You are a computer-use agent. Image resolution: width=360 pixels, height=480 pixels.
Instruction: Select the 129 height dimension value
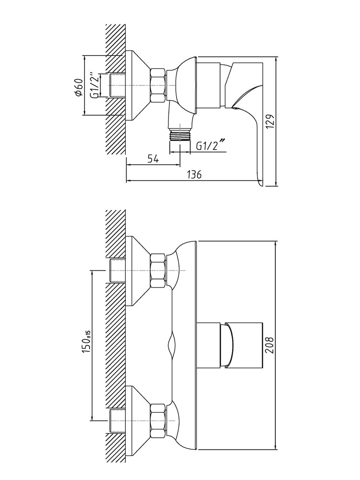point(270,121)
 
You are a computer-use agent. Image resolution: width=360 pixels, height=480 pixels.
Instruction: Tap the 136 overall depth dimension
point(194,175)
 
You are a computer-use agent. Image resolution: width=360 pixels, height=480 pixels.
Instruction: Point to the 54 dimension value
point(153,159)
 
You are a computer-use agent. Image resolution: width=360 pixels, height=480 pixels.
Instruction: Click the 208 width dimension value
point(270,345)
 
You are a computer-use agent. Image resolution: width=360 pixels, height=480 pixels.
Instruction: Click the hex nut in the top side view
point(158,85)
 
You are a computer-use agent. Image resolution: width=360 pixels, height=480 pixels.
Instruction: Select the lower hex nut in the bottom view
point(158,420)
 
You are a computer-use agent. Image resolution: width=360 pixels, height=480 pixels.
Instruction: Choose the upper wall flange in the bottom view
point(138,271)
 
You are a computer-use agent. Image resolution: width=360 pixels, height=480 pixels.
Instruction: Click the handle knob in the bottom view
point(230,344)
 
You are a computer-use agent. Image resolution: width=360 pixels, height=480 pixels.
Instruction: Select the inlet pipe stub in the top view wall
point(118,85)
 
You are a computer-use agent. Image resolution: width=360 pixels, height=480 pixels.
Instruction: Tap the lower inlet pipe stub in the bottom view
point(118,420)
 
